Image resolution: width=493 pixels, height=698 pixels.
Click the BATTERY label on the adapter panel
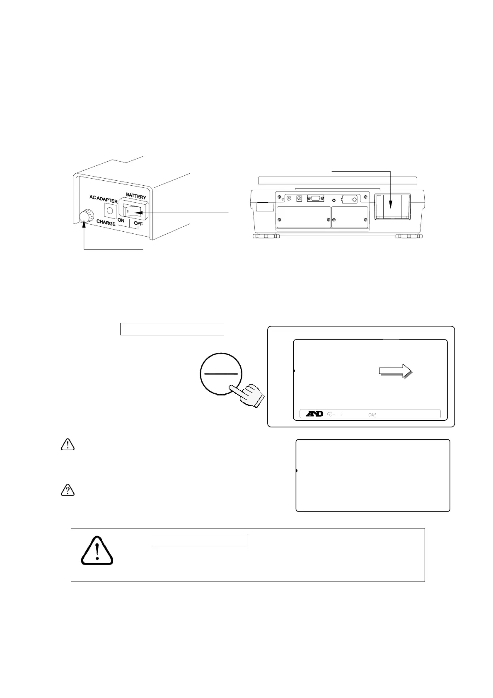(x=136, y=195)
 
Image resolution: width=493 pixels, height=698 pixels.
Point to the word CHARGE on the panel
(x=106, y=223)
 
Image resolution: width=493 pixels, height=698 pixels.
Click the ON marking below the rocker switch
(x=121, y=220)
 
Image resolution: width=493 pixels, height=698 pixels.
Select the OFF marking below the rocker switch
(x=138, y=224)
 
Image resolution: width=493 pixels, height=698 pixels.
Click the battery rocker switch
(x=133, y=212)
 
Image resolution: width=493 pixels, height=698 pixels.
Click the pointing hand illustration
(x=248, y=395)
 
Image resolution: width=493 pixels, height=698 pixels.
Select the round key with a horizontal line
(x=220, y=373)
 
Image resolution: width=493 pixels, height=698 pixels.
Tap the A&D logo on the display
(x=314, y=414)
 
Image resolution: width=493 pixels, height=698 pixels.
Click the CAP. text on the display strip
(x=372, y=414)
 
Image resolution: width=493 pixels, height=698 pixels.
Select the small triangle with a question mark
(x=67, y=491)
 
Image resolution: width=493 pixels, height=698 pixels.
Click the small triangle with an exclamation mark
(x=67, y=445)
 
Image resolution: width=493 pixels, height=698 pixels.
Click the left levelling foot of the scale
(x=266, y=236)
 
